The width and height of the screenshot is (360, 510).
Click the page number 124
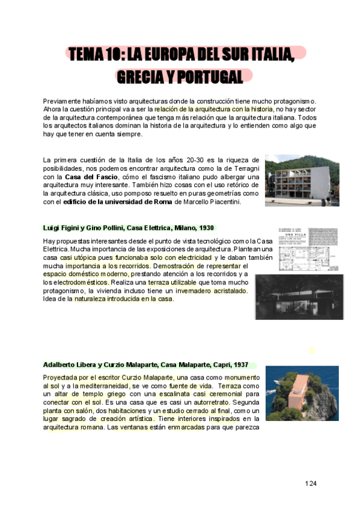(x=310, y=483)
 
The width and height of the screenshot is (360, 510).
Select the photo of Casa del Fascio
(x=302, y=180)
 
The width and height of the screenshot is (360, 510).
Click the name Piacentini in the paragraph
(x=224, y=202)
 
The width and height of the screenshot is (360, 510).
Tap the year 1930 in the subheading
(x=206, y=228)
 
